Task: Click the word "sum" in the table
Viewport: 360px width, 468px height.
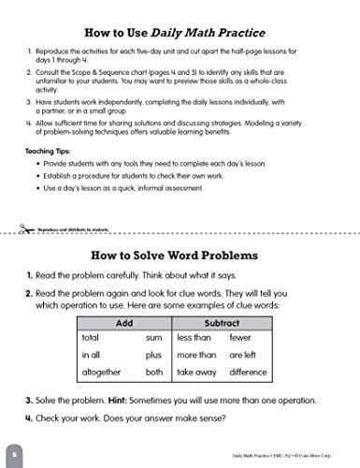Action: (x=154, y=338)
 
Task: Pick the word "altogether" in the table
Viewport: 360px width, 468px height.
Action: (x=105, y=372)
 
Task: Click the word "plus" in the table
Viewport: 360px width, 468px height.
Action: (x=154, y=355)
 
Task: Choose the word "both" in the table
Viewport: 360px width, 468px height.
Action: (x=154, y=372)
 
